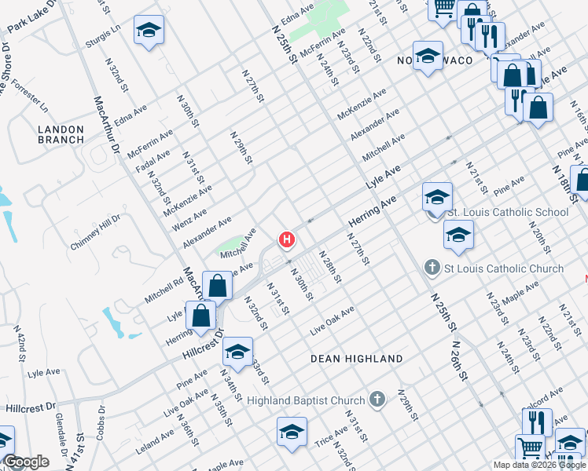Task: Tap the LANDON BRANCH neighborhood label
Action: click(61, 133)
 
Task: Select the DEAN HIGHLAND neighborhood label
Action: click(356, 359)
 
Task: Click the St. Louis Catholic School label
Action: click(507, 212)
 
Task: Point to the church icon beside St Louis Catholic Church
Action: click(431, 268)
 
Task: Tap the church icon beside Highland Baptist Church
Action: click(377, 400)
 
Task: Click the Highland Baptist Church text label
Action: click(306, 400)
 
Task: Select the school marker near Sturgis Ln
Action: click(149, 31)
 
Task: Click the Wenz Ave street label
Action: click(190, 219)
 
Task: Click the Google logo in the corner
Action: click(26, 462)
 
